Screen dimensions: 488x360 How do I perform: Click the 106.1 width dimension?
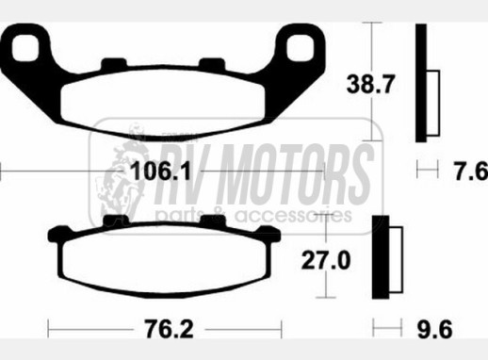click(160, 172)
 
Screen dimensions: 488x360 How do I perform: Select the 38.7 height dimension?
click(369, 84)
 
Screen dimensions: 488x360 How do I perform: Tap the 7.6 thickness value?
click(471, 172)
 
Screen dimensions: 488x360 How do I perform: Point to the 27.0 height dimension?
click(326, 260)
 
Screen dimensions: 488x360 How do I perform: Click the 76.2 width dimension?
click(169, 329)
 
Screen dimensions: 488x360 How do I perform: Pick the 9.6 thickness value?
click(434, 329)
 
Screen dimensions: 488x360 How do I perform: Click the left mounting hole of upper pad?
click(25, 48)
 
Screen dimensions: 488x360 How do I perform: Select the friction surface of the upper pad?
click(163, 103)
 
